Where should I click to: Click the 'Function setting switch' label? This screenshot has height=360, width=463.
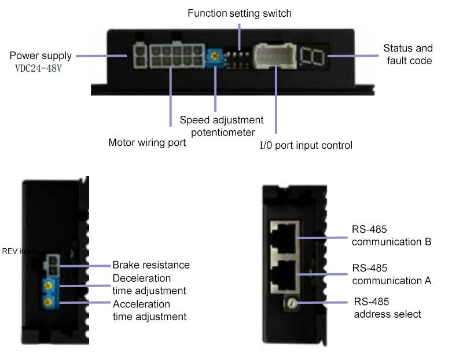click(239, 13)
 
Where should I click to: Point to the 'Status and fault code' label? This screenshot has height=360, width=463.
click(408, 54)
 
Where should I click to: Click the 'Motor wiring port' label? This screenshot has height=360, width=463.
click(147, 142)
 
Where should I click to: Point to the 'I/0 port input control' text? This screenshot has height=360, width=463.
click(306, 145)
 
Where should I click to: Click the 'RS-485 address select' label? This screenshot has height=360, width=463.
click(387, 308)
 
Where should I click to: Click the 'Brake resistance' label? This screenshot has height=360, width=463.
click(151, 265)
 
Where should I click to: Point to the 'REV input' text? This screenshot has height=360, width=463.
click(17, 251)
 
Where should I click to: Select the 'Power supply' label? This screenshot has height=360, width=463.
click(41, 56)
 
